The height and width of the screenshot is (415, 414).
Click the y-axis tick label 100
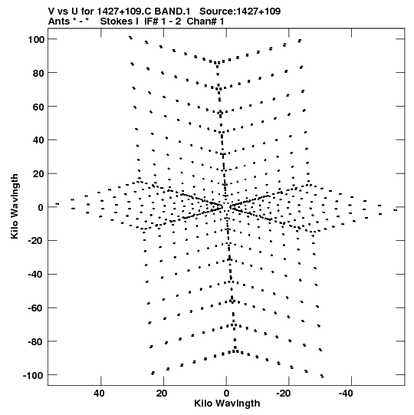pyautogui.click(x=36, y=40)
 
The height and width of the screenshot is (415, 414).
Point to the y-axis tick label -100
pyautogui.click(x=33, y=376)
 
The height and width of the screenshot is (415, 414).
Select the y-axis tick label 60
pyautogui.click(x=38, y=107)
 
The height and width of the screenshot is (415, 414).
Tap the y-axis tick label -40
pyautogui.click(x=35, y=275)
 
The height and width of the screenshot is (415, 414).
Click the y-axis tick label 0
pyautogui.click(x=41, y=208)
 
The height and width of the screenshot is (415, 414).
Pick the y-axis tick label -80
pyautogui.click(x=35, y=342)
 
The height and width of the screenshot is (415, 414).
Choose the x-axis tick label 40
pyautogui.click(x=99, y=394)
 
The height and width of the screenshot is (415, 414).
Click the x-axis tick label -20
pyautogui.click(x=283, y=394)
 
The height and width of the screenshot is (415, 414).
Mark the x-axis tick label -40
pyautogui.click(x=346, y=394)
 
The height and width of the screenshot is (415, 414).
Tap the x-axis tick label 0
pyautogui.click(x=226, y=394)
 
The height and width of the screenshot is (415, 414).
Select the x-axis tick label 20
pyautogui.click(x=162, y=394)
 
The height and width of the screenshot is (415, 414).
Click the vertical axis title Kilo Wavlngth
pyautogui.click(x=15, y=206)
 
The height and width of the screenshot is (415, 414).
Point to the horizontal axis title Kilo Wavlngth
pyautogui.click(x=227, y=403)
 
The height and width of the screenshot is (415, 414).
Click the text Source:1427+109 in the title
pyautogui.click(x=240, y=12)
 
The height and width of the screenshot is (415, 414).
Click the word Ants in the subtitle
pyautogui.click(x=58, y=21)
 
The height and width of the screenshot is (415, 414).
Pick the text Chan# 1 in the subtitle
pyautogui.click(x=205, y=21)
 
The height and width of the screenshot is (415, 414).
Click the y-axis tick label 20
pyautogui.click(x=38, y=174)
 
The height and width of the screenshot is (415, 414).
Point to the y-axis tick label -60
pyautogui.click(x=35, y=308)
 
